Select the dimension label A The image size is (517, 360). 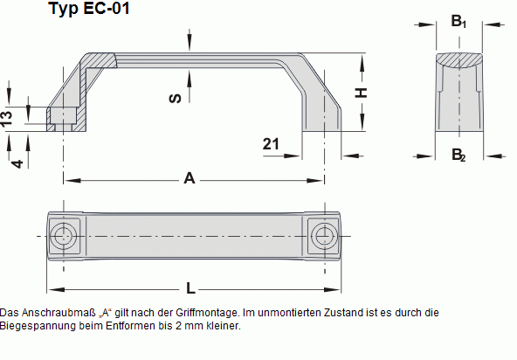(x=189, y=178)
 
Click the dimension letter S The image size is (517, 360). (x=175, y=98)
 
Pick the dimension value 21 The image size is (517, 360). (x=270, y=144)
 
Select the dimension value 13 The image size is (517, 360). (x=8, y=117)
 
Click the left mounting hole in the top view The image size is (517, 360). (x=63, y=235)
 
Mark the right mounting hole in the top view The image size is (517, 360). (x=324, y=235)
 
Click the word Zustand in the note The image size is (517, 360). (x=333, y=312)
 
